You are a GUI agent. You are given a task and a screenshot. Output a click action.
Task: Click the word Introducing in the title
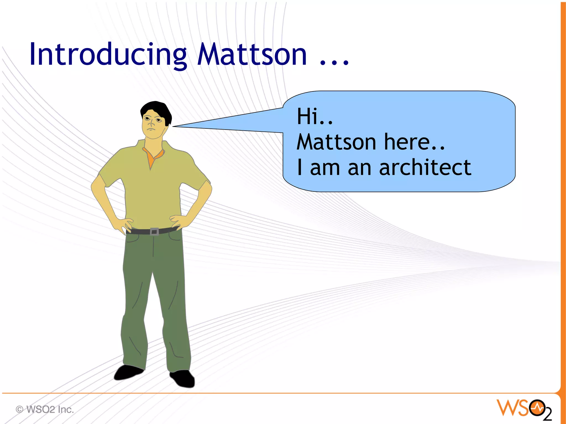(x=108, y=55)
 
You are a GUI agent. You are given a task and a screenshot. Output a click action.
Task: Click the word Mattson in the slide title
(x=252, y=55)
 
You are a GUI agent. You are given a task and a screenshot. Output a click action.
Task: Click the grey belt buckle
(x=154, y=231)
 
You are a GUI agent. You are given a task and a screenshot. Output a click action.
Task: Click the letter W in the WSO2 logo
(x=506, y=408)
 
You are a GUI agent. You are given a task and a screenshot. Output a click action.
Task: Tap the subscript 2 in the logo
(x=547, y=414)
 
